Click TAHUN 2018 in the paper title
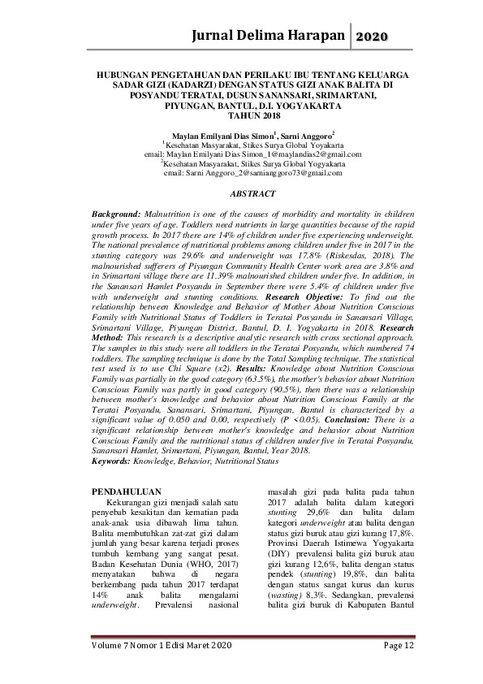241,116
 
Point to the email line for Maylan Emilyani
241,154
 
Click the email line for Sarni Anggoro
241,173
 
